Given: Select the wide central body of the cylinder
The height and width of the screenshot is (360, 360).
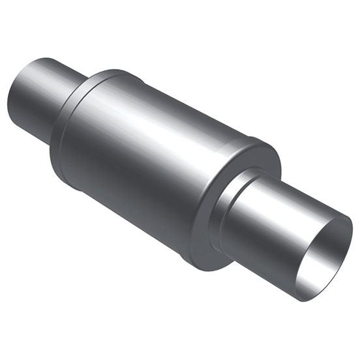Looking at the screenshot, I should [163, 163].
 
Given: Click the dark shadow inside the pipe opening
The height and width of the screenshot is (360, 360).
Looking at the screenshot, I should [336, 241].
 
